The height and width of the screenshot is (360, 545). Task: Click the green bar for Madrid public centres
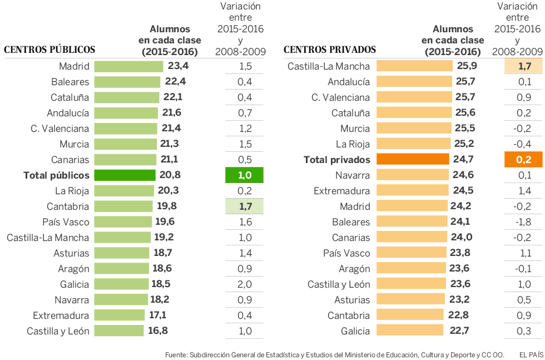[x=128, y=66]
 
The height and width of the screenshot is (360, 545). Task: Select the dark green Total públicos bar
[x=125, y=175]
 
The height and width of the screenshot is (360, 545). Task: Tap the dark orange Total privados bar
[x=413, y=160]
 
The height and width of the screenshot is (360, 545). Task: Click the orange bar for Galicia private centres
[x=410, y=331]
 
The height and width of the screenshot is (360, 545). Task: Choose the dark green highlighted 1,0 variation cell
[x=244, y=175]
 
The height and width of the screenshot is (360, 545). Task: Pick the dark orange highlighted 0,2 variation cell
[x=524, y=160]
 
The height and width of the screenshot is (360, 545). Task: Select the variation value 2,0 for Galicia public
[x=245, y=284]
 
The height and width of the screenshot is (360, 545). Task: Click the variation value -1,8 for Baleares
[x=524, y=222]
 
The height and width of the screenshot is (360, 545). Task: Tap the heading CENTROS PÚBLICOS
[x=49, y=50]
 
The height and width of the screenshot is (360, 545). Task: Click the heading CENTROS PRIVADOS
[x=330, y=50]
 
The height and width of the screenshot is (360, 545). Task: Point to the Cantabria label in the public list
[x=68, y=206]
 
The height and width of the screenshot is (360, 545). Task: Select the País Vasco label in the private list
[x=346, y=253]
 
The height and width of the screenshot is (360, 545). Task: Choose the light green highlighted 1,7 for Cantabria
[x=245, y=206]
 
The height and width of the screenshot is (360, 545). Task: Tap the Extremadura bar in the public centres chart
[x=120, y=315]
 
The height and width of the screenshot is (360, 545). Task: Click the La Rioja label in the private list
[x=353, y=144]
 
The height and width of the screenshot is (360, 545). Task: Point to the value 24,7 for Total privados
[x=463, y=160]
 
